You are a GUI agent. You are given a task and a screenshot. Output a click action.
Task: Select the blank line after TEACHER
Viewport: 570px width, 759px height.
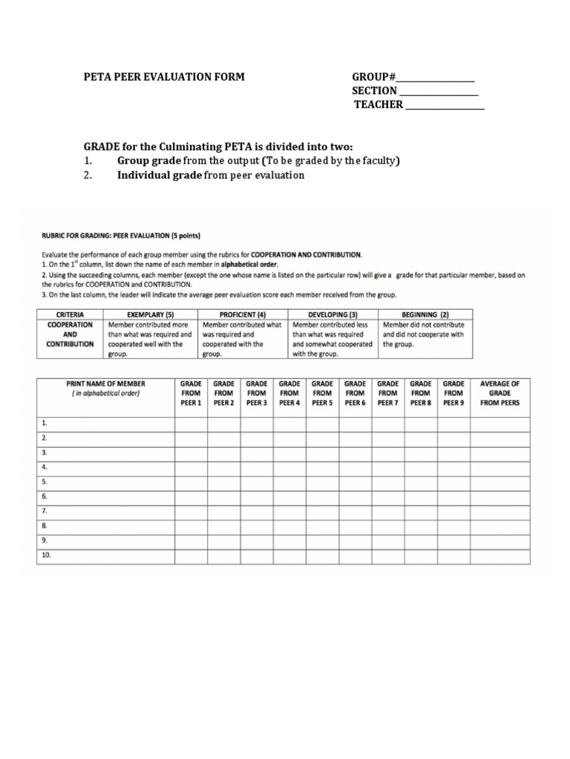click(444, 105)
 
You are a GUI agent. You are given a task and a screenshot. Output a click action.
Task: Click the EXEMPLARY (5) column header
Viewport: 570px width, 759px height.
click(150, 314)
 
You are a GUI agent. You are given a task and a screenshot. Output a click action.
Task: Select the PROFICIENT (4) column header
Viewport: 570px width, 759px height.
click(241, 314)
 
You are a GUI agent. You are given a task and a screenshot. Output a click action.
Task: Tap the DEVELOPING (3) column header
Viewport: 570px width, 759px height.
click(333, 314)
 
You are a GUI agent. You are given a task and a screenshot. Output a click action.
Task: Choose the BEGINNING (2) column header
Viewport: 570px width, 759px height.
click(425, 314)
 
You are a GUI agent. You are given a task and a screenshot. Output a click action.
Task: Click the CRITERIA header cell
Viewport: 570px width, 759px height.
click(71, 314)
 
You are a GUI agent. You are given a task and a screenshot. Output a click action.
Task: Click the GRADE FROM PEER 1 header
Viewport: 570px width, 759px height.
click(191, 393)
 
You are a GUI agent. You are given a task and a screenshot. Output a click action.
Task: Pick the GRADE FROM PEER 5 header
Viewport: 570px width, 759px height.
click(322, 393)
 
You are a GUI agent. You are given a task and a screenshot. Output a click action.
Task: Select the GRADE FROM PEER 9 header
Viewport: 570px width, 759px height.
click(453, 393)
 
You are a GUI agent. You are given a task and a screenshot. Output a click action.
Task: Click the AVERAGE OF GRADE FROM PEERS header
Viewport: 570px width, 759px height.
click(500, 393)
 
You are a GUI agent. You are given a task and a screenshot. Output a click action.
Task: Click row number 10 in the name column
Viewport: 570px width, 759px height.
click(47, 554)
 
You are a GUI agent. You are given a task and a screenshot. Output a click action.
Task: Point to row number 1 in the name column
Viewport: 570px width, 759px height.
click(45, 423)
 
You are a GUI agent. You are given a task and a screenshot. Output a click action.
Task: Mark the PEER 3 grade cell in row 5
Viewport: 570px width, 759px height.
click(257, 482)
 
